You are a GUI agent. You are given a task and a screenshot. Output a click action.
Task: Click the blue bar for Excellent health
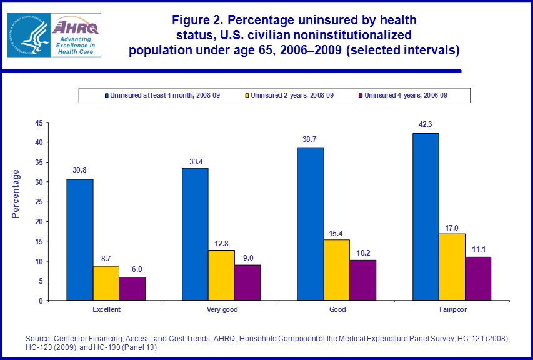[x=80, y=240]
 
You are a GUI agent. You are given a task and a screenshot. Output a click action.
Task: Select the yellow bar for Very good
[x=221, y=276]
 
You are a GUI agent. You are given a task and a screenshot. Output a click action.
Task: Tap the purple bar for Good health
[x=363, y=280]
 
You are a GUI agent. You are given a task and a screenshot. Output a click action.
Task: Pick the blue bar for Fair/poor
[x=426, y=217]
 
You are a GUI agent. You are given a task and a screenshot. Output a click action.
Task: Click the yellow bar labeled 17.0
[x=452, y=267]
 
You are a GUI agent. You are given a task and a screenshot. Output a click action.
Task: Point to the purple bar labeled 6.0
[x=132, y=289]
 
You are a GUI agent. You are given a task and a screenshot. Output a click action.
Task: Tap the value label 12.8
[x=221, y=242]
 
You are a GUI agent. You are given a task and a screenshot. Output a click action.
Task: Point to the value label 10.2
[x=363, y=252]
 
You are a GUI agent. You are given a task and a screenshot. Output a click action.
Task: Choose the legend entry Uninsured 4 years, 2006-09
[x=406, y=96]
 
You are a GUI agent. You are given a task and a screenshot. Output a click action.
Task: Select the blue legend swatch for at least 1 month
[x=106, y=96]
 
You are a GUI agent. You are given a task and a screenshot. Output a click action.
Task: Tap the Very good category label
[x=222, y=309]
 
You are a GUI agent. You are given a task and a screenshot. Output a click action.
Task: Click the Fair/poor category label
[x=452, y=309]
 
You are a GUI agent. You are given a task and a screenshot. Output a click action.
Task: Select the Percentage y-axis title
[x=16, y=194]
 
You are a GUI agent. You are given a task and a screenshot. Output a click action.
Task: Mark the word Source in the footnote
[x=37, y=338]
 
